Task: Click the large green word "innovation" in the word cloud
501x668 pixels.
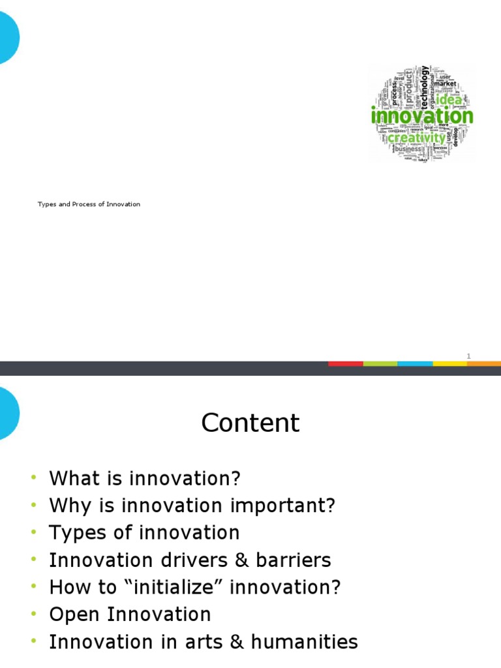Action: [422, 117]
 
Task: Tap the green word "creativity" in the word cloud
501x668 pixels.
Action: [416, 138]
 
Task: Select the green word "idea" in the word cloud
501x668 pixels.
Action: [449, 100]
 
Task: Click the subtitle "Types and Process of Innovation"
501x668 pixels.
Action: [89, 204]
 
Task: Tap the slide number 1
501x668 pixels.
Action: [468, 356]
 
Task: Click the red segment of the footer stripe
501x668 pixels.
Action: [345, 363]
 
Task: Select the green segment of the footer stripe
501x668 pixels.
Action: [380, 363]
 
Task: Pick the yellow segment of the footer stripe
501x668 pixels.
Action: [449, 363]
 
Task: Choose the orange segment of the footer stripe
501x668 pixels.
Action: [484, 363]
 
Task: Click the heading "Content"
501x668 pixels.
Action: [250, 423]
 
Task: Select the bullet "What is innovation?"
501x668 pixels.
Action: [145, 478]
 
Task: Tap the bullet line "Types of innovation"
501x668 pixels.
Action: [144, 533]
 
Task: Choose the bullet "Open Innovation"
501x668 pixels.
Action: [130, 615]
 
